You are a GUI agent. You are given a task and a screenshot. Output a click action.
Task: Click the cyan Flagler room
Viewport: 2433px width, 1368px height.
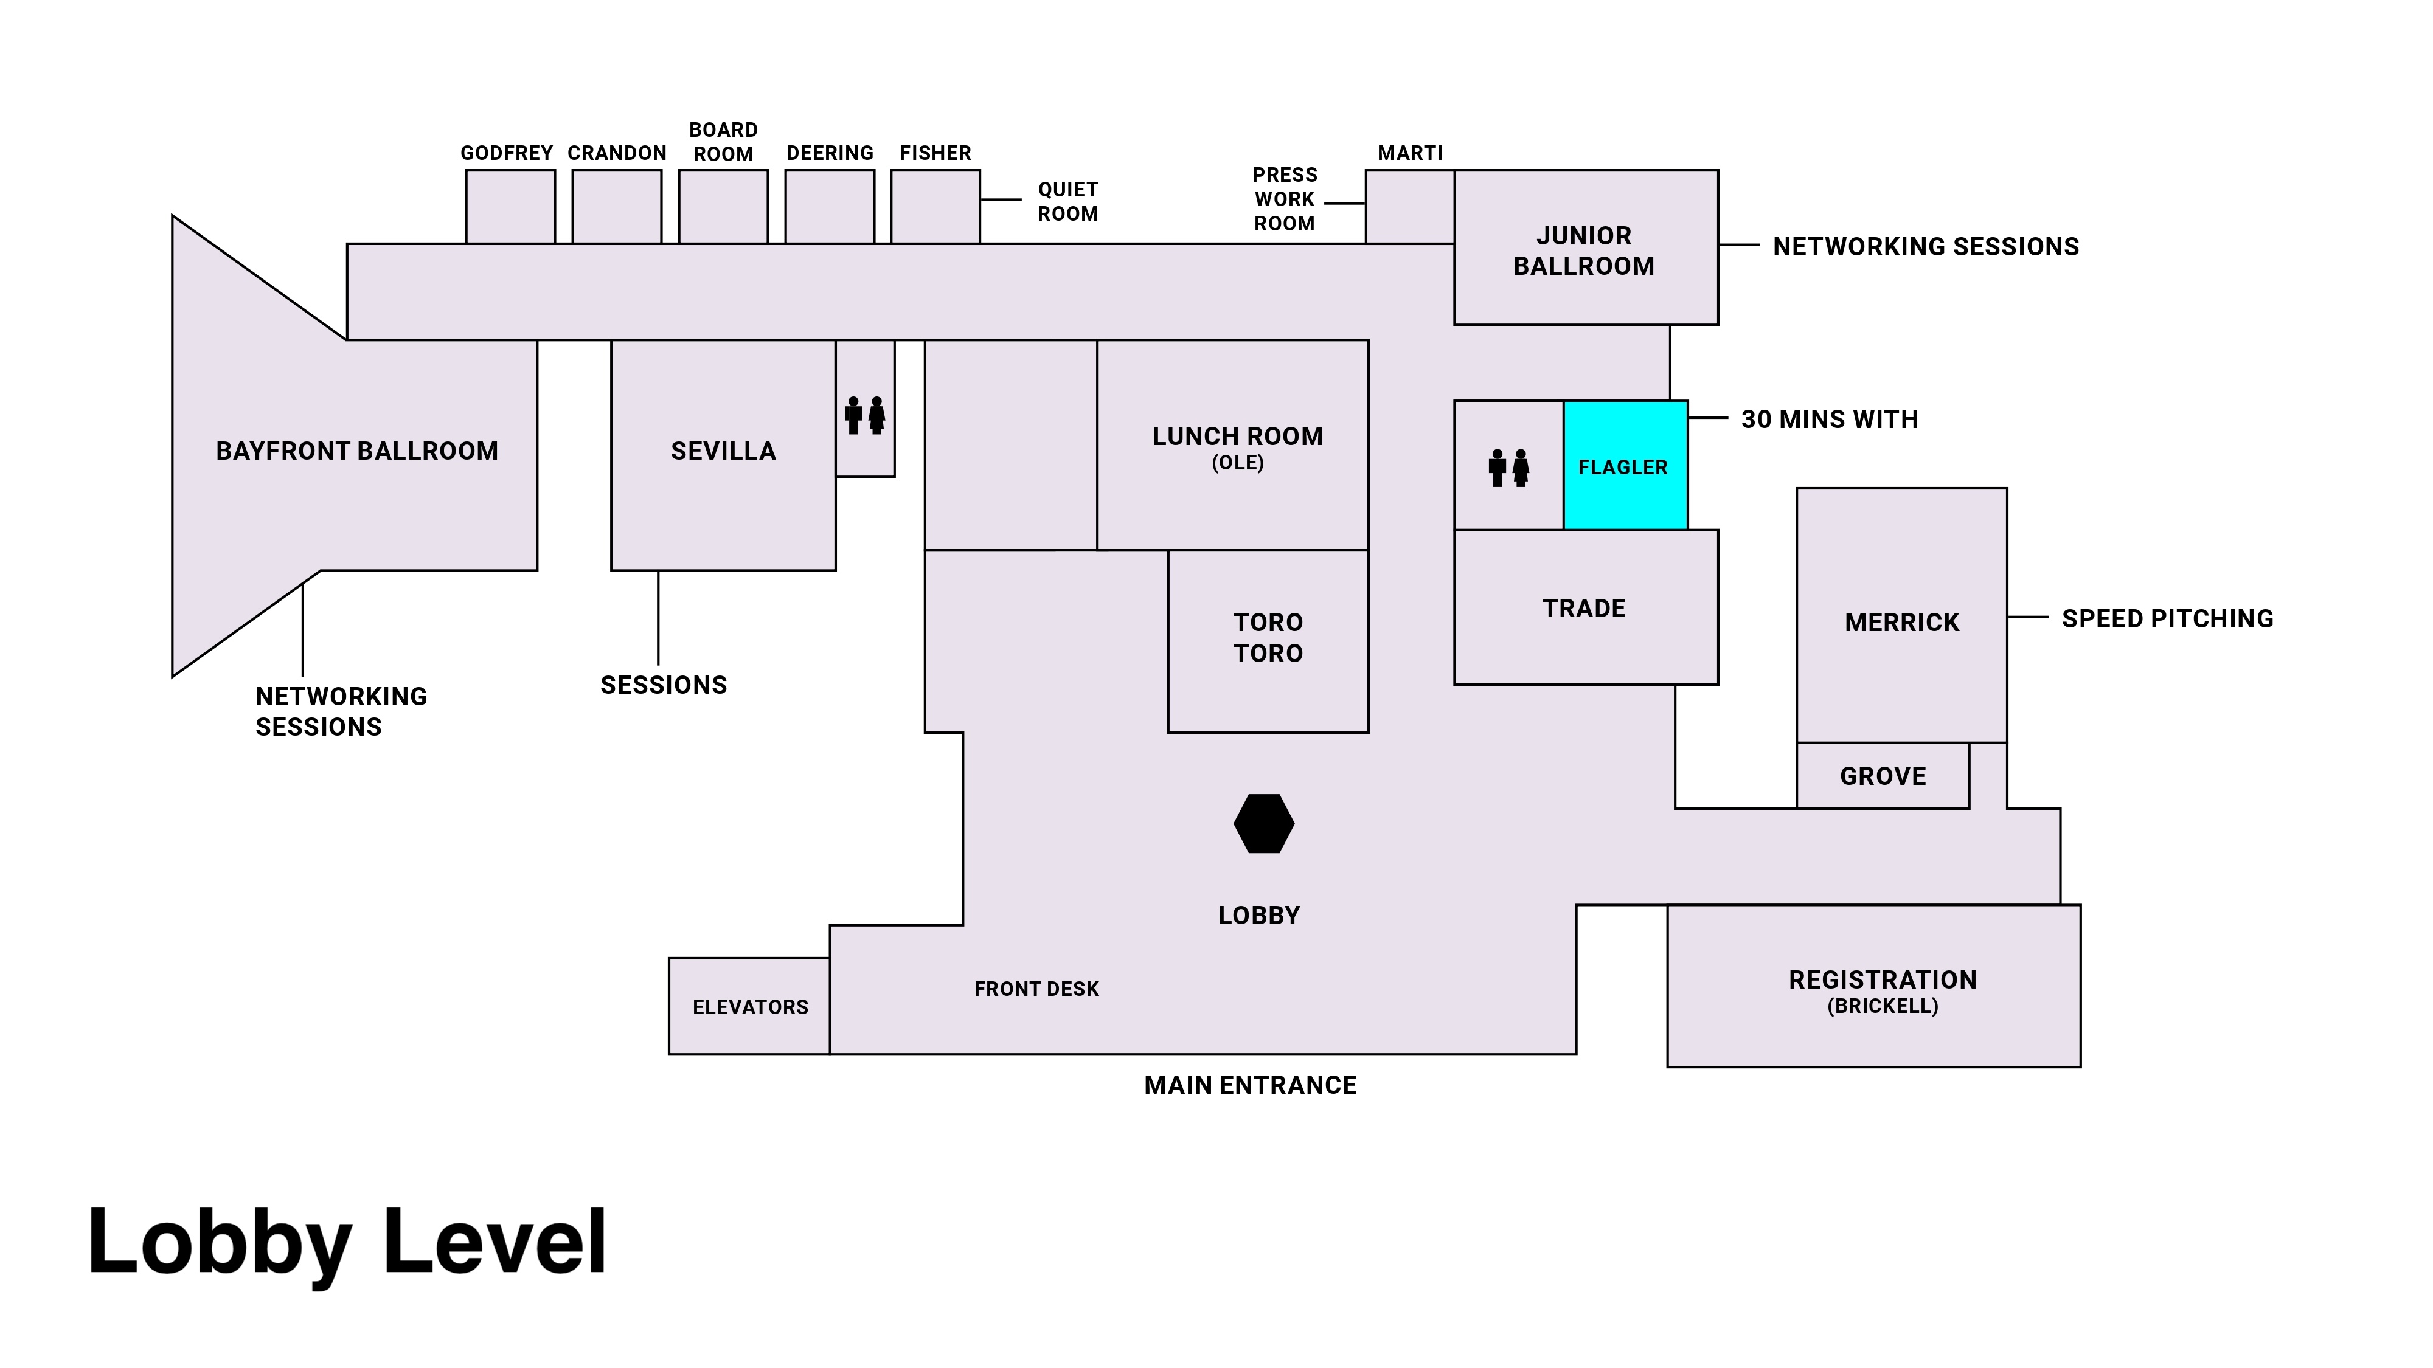[1625, 466]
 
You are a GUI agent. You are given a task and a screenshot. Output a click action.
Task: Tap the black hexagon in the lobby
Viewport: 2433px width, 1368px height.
[1264, 823]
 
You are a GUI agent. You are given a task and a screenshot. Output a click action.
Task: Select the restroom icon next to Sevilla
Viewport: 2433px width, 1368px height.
[865, 415]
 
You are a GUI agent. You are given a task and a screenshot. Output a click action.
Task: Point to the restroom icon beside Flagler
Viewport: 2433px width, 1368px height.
[1508, 468]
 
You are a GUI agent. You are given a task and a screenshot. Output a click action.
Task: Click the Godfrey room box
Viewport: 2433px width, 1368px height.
[510, 207]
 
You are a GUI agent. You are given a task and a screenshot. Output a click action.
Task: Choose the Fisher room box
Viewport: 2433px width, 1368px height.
[935, 207]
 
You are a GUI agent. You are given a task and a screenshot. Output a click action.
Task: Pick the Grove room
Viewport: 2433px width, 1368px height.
[1883, 776]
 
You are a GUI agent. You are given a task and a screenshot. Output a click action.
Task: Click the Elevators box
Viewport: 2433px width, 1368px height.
[750, 1006]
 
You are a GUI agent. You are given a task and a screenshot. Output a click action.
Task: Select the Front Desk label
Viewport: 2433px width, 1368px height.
[1036, 989]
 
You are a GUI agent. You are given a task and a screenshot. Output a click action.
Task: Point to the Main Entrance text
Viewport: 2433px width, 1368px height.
[1249, 1085]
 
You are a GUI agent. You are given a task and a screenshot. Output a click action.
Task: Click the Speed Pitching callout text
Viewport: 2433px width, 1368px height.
[2167, 618]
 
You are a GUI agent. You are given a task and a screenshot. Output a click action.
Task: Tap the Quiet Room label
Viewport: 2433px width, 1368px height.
[1067, 201]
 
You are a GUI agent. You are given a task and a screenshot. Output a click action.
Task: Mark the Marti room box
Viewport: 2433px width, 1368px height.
[1409, 207]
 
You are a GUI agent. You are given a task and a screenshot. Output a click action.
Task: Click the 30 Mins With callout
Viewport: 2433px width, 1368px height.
[1830, 419]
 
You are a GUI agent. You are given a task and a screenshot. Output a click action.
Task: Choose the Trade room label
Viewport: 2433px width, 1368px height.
[1584, 608]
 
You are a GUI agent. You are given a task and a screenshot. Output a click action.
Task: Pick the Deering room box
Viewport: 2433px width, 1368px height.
[829, 207]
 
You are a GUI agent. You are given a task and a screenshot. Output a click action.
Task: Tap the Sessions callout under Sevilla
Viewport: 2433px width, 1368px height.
[663, 685]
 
